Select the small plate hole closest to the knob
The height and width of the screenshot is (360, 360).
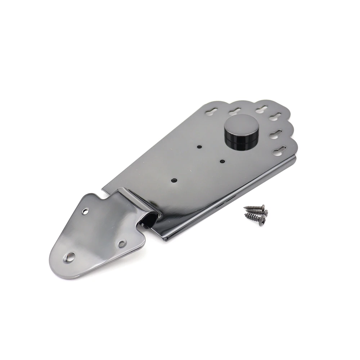222,161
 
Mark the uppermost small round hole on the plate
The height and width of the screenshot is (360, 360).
199,147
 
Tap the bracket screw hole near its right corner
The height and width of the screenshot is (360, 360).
122,244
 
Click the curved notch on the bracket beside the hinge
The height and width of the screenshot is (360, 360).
106,197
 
